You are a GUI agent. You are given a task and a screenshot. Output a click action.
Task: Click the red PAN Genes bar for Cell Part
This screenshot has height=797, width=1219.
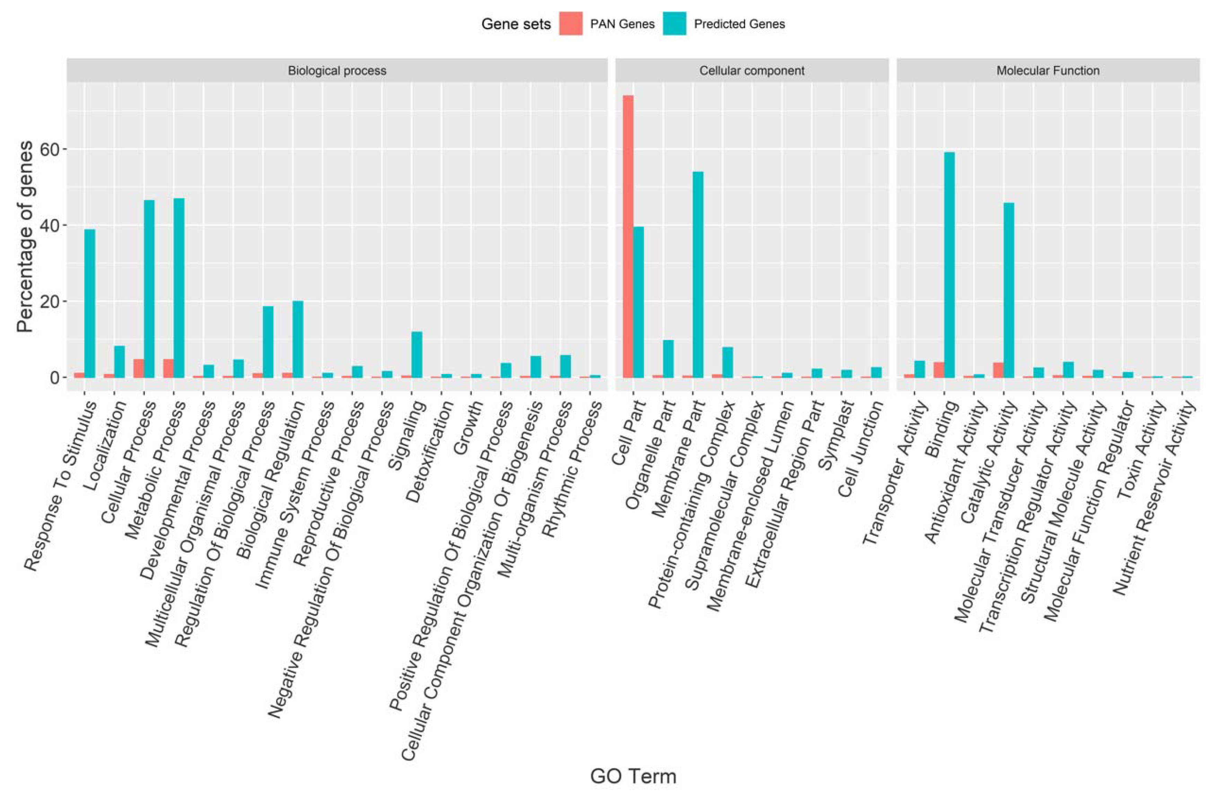(628, 236)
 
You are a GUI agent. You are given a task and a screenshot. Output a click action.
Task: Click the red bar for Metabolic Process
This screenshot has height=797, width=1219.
(168, 368)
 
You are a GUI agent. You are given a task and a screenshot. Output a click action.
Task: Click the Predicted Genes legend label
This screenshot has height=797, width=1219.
(739, 24)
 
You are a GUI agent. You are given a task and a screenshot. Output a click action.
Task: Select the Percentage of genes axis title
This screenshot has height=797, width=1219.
(25, 237)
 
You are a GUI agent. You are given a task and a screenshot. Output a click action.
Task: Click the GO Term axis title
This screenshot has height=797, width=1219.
(633, 776)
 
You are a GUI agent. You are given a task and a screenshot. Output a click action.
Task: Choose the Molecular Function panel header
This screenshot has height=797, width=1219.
(1047, 71)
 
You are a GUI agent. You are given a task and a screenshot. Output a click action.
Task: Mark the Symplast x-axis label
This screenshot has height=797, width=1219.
(836, 435)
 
